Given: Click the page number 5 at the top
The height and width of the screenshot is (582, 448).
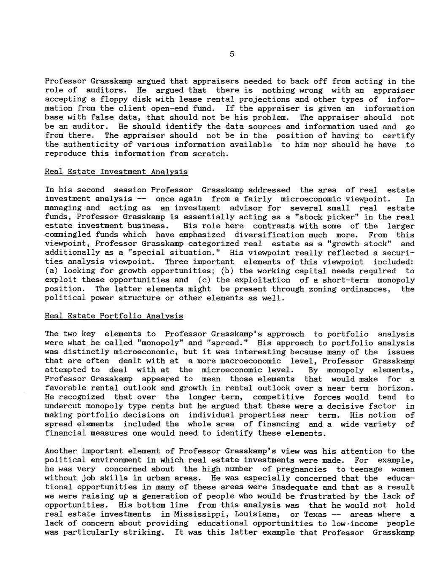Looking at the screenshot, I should (x=232, y=54).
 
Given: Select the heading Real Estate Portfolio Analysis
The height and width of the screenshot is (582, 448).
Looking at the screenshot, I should (x=114, y=315).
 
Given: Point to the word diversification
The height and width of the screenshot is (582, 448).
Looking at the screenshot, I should (x=268, y=235).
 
